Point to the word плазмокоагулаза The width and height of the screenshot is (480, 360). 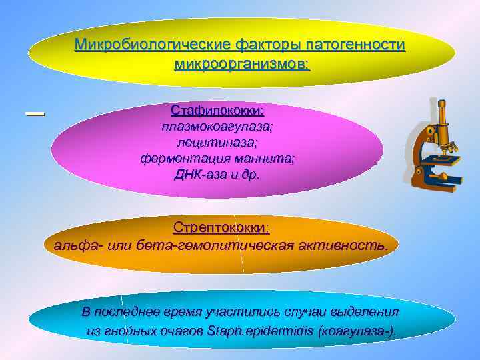[x=217, y=126]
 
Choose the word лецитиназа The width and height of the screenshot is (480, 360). [x=217, y=142]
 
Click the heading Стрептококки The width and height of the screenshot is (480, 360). [x=221, y=227]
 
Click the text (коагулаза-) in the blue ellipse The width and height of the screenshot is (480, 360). [x=357, y=331]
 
